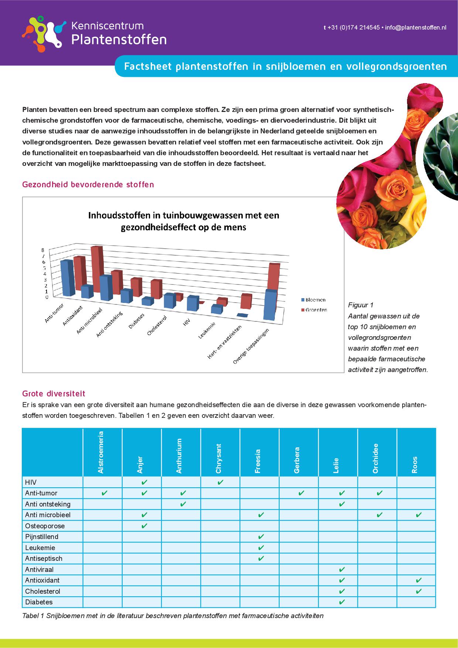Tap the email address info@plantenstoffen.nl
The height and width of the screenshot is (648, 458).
coord(416,28)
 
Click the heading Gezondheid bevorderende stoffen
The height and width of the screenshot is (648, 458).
coord(88,184)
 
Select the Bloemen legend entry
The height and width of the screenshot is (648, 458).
coord(315,300)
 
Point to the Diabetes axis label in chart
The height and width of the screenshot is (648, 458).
coord(136,321)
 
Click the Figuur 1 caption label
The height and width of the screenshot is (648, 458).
coord(360,305)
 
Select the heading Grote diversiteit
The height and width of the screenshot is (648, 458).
coord(54,394)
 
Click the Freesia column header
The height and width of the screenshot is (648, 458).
coord(257,461)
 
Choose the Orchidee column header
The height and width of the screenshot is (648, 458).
coord(375,458)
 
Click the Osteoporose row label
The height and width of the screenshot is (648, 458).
coord(45,526)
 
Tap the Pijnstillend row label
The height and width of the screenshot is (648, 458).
coord(41,537)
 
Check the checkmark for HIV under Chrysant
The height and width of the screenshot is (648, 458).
coord(220,482)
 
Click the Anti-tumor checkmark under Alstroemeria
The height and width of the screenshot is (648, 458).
coord(104,493)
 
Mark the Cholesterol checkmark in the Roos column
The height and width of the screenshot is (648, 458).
coord(418,591)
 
